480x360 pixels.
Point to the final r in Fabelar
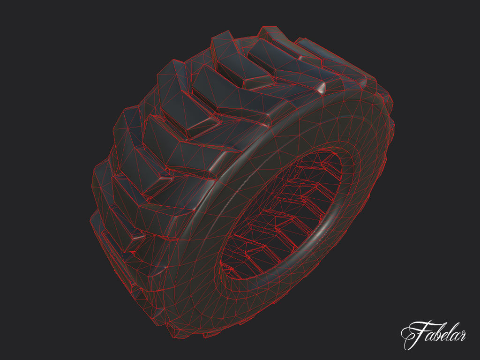pyautogui.click(x=461, y=336)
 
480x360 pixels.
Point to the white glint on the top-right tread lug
pyautogui.click(x=321, y=88)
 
